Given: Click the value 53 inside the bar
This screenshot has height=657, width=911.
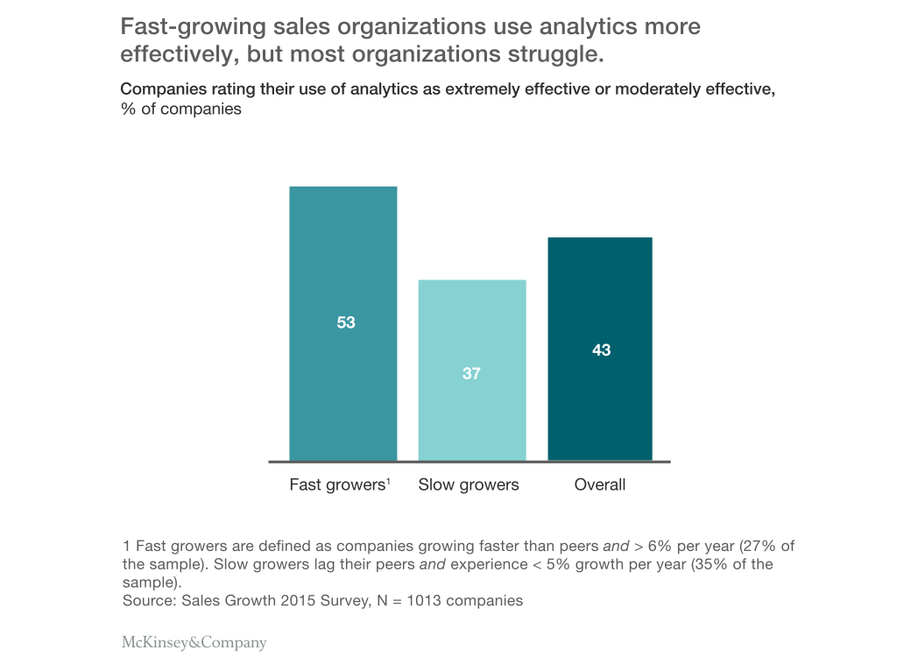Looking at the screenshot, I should [346, 322].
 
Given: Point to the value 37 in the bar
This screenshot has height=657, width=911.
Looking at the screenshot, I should [471, 373].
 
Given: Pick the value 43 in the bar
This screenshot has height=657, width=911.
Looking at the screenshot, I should [601, 350].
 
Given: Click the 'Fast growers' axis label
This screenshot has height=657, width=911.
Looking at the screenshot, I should [336, 484].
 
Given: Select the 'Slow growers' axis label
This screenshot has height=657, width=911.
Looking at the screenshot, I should [469, 484].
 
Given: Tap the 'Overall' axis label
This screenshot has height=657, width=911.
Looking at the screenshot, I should [600, 484].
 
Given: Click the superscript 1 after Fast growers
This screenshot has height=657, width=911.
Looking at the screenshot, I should [388, 480].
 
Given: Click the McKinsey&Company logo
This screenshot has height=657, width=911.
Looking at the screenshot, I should [194, 642].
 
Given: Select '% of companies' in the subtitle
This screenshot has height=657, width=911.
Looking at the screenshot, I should [180, 109].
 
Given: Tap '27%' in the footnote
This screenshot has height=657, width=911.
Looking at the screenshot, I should [746, 546].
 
